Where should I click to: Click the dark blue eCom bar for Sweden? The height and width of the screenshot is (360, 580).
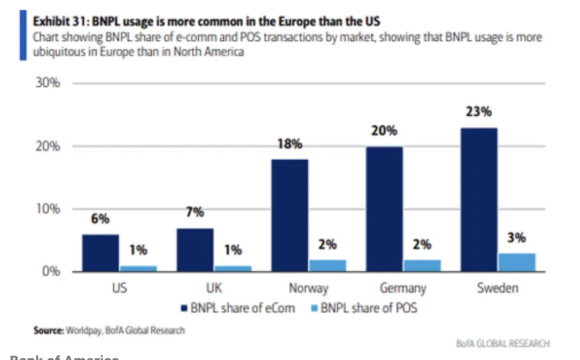479,200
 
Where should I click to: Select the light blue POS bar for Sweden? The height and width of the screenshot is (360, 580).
516,262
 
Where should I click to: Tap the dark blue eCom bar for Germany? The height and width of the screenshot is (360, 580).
385,209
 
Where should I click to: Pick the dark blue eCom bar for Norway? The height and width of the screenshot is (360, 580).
289,215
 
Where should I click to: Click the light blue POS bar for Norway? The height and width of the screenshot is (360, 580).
328,265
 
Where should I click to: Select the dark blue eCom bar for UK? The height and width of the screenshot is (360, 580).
195,250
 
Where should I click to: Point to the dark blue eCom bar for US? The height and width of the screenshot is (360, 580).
100,253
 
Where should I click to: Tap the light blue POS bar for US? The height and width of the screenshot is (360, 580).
138,268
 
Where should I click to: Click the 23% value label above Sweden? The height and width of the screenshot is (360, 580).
478,112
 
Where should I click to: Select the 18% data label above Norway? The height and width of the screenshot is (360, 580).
289,144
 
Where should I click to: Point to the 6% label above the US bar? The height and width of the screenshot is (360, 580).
100,219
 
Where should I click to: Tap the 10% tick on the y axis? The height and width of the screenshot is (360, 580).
46,209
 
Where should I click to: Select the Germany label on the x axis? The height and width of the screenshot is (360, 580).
403,288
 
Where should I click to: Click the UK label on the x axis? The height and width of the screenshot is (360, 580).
214,288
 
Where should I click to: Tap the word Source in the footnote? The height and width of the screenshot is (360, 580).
48,331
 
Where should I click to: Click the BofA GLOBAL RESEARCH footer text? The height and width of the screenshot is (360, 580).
502,343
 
